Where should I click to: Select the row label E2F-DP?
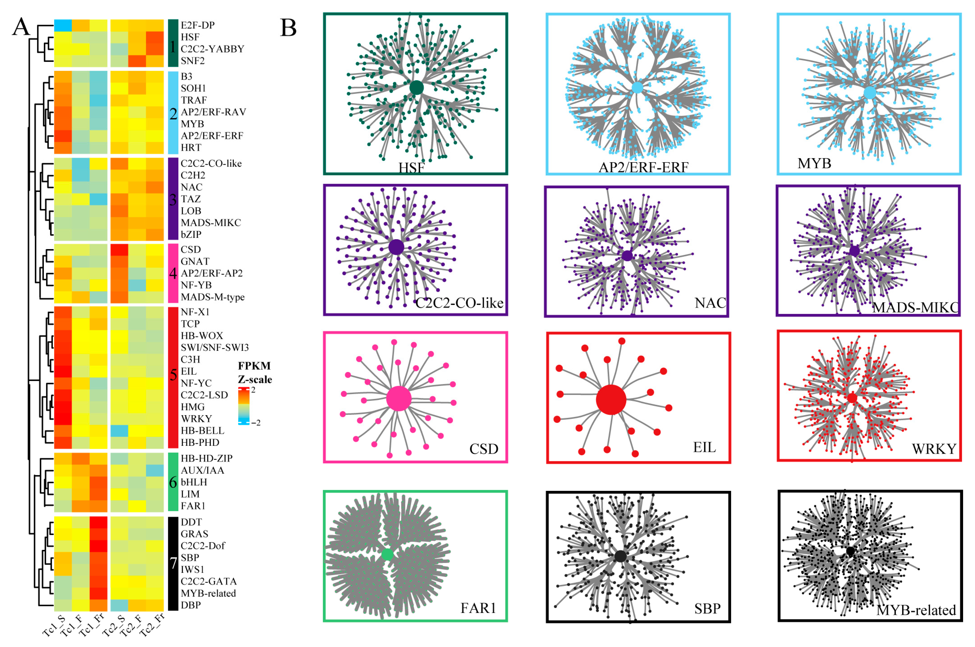click(x=197, y=25)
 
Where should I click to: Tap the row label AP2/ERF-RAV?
click(x=213, y=112)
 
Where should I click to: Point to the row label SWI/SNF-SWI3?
click(x=214, y=347)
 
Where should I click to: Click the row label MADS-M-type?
click(x=212, y=297)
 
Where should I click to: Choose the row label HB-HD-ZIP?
click(x=207, y=458)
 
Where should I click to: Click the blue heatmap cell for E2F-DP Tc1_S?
click(x=63, y=25)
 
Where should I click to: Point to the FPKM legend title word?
click(x=254, y=366)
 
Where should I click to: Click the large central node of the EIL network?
click(x=611, y=399)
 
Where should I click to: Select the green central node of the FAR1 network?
click(x=387, y=554)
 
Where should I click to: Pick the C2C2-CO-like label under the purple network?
click(x=459, y=303)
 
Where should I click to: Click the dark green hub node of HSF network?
click(x=416, y=87)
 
